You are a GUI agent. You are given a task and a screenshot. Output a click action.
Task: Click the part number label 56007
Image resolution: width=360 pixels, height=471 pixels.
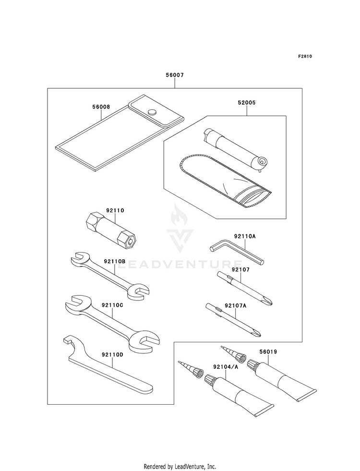[175, 75]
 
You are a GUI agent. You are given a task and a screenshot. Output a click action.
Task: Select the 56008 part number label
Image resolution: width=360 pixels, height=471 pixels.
[100, 108]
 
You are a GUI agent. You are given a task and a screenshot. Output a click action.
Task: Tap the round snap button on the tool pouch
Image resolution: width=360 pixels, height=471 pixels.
[152, 112]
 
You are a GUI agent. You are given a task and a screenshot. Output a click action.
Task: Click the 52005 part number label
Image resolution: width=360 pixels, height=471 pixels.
[246, 102]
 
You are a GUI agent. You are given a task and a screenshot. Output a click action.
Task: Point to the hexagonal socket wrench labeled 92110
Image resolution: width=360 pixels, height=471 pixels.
[111, 230]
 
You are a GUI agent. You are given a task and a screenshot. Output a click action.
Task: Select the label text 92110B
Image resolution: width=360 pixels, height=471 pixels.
[114, 261]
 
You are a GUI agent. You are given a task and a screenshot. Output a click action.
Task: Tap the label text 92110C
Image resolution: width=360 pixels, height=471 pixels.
[113, 305]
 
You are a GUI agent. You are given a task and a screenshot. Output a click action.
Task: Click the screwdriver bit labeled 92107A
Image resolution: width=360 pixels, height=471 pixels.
[233, 319]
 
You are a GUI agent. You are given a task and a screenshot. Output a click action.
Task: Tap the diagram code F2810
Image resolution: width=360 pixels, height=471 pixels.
[305, 56]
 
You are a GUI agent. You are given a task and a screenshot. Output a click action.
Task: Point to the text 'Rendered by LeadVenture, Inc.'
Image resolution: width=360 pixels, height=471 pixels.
[180, 453]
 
